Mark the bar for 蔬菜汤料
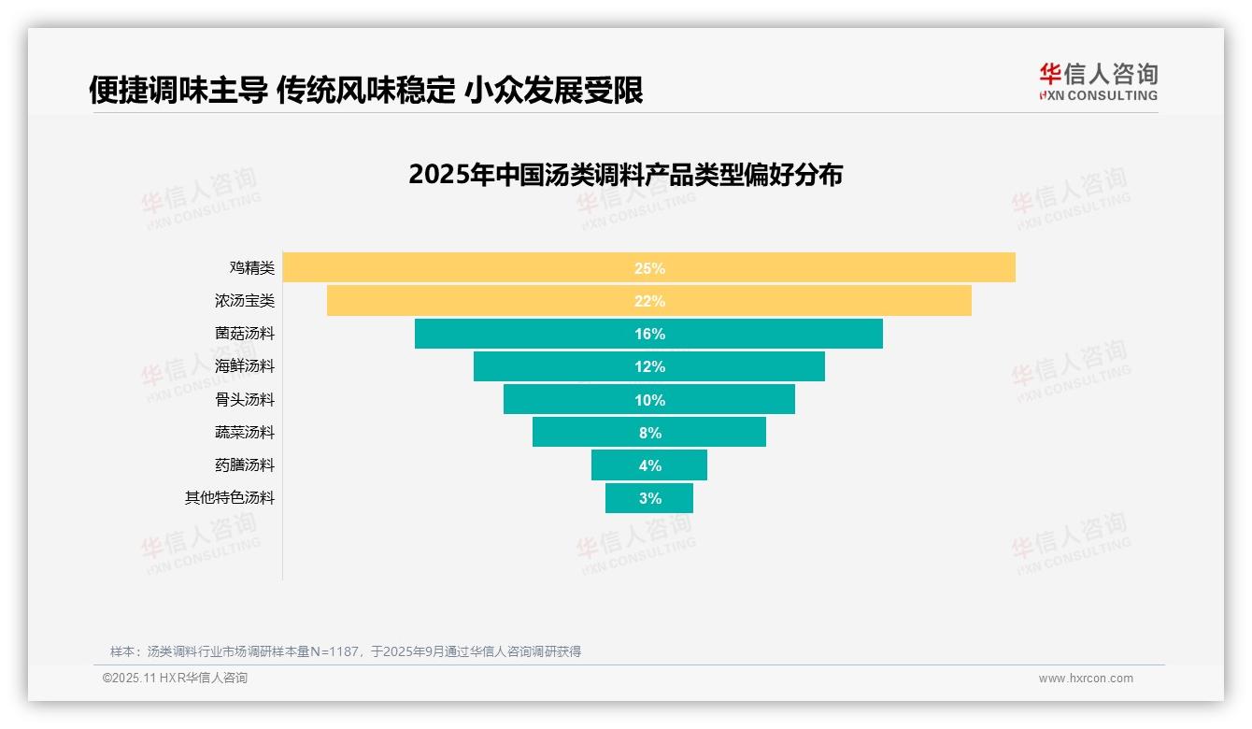click(x=579, y=433)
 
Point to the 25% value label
click(x=649, y=268)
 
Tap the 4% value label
click(x=649, y=465)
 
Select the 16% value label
click(x=649, y=334)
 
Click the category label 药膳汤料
click(x=245, y=465)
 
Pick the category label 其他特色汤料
click(x=230, y=498)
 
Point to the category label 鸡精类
click(x=252, y=268)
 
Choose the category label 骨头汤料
click(x=245, y=400)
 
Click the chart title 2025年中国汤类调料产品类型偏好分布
click(x=625, y=175)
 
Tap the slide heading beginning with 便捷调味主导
click(x=365, y=91)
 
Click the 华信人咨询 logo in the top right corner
click(x=1098, y=82)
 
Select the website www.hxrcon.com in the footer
click(x=1086, y=679)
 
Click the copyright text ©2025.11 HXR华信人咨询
click(x=175, y=679)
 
